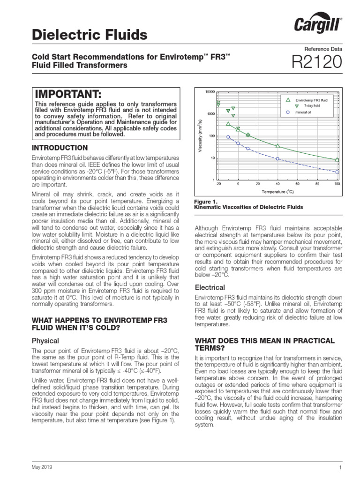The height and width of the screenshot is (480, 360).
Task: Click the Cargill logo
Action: pos(317,25)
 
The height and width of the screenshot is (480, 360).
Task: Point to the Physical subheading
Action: pos(45,341)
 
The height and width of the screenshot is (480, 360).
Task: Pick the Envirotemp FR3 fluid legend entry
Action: pos(310,99)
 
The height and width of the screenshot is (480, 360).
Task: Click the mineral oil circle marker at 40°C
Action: pos(278,159)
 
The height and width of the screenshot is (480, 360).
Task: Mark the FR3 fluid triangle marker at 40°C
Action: pos(278,146)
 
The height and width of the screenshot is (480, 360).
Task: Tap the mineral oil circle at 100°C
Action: pos(337,172)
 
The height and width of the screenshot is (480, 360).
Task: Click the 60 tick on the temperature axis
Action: pos(298,184)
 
